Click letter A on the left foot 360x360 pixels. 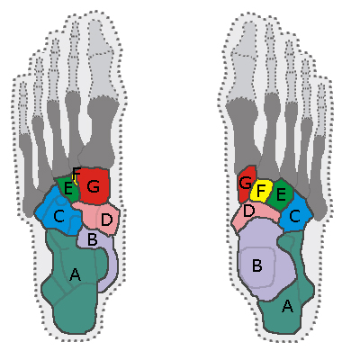(75, 274)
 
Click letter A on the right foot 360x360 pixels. (287, 306)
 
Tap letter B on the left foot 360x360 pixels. (92, 239)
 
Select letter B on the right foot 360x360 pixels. (257, 265)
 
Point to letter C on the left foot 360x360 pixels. (58, 216)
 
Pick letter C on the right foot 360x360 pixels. (295, 216)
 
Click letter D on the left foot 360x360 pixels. (106, 220)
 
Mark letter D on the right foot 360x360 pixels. (248, 211)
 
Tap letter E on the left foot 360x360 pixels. (68, 189)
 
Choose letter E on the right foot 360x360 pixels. (281, 194)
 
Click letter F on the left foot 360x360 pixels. (76, 174)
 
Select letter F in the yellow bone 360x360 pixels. (261, 190)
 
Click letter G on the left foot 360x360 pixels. (94, 186)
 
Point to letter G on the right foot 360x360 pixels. (245, 182)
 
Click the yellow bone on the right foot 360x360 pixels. (261, 190)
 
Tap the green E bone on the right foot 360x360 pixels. (281, 194)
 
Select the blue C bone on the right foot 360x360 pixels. (296, 214)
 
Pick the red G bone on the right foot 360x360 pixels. (246, 183)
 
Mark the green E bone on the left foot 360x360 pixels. (67, 189)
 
